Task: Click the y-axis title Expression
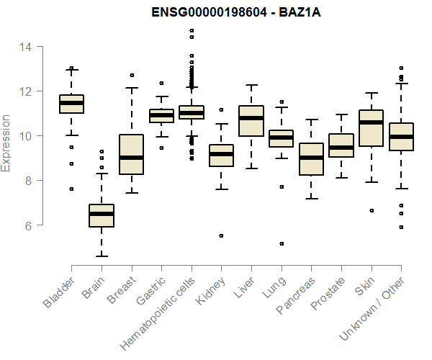click(6, 142)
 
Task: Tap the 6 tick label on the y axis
click(24, 225)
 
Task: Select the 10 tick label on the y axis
click(24, 136)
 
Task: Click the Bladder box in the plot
click(71, 104)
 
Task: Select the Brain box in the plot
click(102, 215)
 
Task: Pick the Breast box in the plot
click(132, 154)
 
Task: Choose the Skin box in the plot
click(371, 127)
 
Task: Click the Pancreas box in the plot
click(311, 159)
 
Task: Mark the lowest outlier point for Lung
click(282, 244)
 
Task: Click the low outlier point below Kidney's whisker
click(221, 235)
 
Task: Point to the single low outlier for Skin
click(371, 211)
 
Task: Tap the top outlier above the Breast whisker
click(132, 75)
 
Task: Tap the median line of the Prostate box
click(341, 148)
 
